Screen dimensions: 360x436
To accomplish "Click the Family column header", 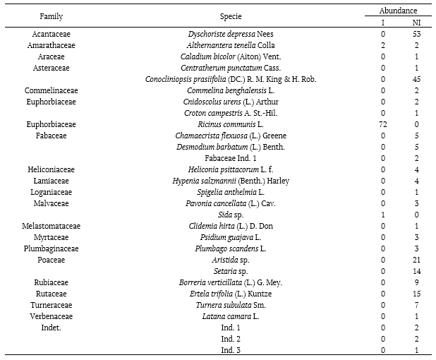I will pyautogui.click(x=52, y=16).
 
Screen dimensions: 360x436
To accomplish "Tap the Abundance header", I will pyautogui.click(x=398, y=11).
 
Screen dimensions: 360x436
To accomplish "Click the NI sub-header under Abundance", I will pyautogui.click(x=416, y=23).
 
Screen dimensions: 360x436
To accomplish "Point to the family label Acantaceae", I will pyautogui.click(x=52, y=34).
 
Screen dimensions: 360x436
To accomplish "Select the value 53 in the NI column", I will pyautogui.click(x=416, y=34).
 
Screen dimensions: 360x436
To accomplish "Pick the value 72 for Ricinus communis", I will pyautogui.click(x=383, y=124).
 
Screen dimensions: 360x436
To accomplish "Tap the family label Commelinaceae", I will pyautogui.click(x=52, y=90).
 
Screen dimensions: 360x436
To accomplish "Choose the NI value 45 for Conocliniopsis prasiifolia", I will pyautogui.click(x=416, y=79).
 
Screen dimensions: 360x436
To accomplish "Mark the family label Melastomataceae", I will pyautogui.click(x=52, y=226).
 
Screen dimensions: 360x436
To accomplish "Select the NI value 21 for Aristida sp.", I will pyautogui.click(x=416, y=260).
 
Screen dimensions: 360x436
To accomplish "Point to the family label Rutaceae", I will pyautogui.click(x=52, y=294).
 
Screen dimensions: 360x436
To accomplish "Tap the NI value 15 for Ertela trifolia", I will pyautogui.click(x=416, y=294).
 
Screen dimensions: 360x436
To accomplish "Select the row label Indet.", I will pyautogui.click(x=52, y=328).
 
